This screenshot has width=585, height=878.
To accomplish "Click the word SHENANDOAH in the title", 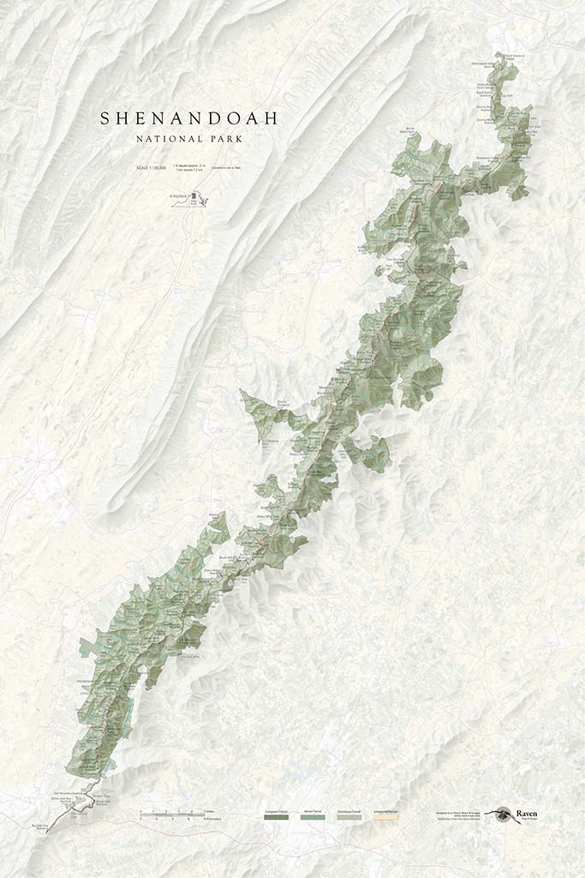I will click(x=188, y=118).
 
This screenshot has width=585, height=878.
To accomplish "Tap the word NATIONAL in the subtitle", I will click(x=166, y=138).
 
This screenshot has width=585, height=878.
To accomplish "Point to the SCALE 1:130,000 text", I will click(x=149, y=167).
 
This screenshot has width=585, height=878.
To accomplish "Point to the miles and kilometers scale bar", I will click(x=176, y=814).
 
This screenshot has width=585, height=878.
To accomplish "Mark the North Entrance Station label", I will click(x=513, y=57).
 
